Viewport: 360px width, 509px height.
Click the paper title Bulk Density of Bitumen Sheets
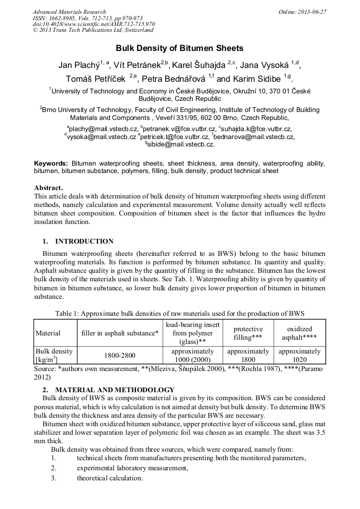179,48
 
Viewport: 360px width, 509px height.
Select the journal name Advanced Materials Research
69,12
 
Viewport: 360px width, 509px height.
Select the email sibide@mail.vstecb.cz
181,144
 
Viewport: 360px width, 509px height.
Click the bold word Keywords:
51,163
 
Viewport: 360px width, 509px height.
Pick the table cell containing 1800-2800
119,356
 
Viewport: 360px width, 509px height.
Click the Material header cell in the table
48,333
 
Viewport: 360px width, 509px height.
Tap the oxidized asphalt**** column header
299,333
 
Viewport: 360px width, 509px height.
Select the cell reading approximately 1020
299,355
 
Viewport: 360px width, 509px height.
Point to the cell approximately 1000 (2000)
193,355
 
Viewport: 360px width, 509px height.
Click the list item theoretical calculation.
110,478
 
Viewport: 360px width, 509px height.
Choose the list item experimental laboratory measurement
132,468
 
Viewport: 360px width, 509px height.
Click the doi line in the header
94,24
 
